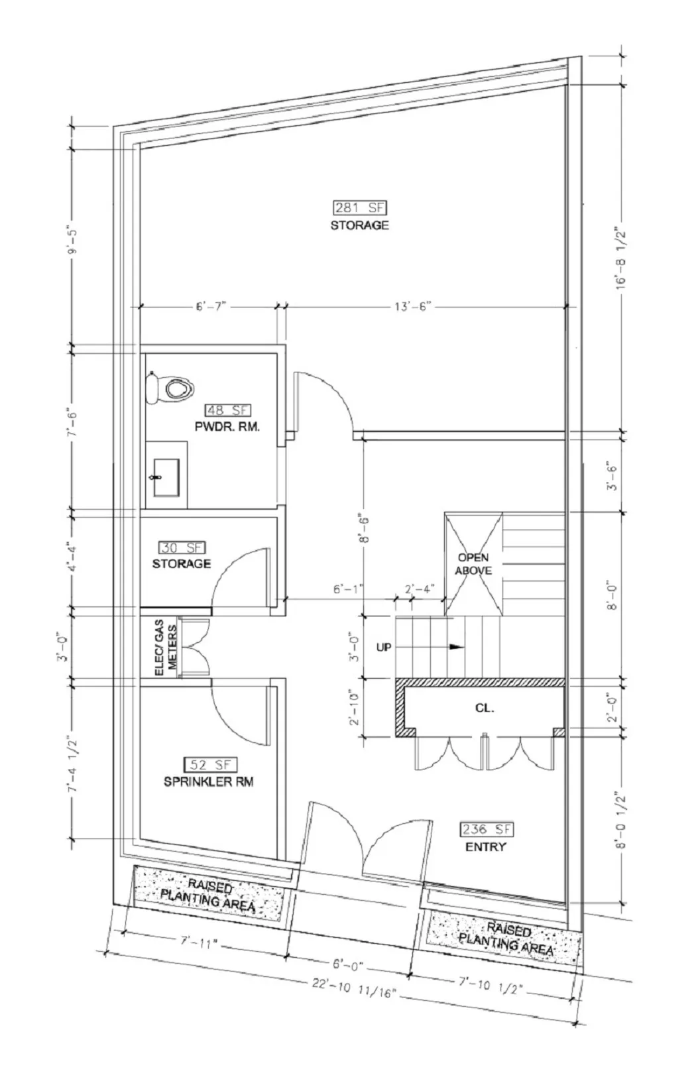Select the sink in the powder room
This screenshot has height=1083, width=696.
click(x=166, y=477)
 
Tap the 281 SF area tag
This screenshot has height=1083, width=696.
click(x=360, y=207)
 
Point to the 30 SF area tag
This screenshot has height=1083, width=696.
click(x=182, y=547)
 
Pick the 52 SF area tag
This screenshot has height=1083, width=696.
click(x=208, y=765)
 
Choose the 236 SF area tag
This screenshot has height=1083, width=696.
click(x=487, y=829)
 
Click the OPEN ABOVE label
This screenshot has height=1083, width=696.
click(x=473, y=563)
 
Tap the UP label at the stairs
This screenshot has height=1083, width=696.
click(x=384, y=647)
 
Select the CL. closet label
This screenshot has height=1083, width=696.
click(x=484, y=708)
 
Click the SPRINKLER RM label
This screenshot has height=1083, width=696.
click(x=208, y=781)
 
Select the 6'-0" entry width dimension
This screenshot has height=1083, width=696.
click(x=347, y=966)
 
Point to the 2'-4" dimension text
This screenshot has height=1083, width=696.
click(x=419, y=589)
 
